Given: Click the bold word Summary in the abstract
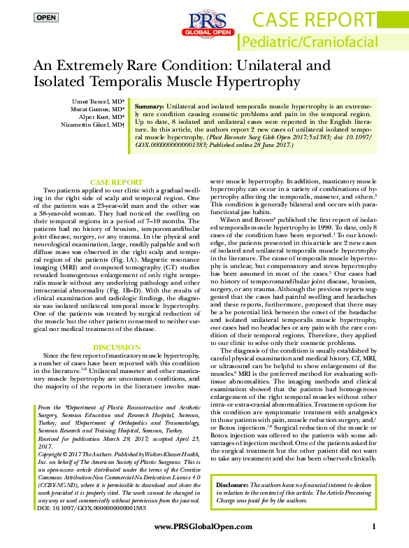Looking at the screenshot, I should (x=150, y=103).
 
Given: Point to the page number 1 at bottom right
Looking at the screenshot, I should (x=374, y=526).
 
